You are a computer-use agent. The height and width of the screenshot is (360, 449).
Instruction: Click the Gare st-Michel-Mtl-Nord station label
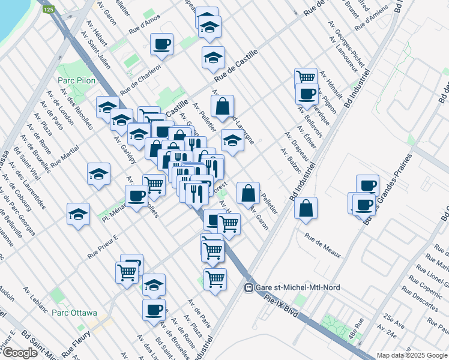pyautogui.click(x=297, y=287)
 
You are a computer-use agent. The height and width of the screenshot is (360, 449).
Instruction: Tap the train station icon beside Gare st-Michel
pyautogui.click(x=247, y=287)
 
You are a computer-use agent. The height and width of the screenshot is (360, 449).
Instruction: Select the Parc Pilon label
pyautogui.click(x=73, y=80)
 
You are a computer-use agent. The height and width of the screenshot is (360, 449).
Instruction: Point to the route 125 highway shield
pyautogui.click(x=50, y=10)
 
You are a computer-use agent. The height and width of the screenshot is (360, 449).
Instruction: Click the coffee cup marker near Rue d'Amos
pyautogui.click(x=162, y=44)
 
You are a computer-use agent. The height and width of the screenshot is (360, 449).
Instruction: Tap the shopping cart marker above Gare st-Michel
pyautogui.click(x=215, y=278)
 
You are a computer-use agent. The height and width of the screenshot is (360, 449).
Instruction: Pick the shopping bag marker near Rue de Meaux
pyautogui.click(x=306, y=208)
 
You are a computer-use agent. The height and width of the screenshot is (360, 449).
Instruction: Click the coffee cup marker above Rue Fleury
pyautogui.click(x=154, y=310)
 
